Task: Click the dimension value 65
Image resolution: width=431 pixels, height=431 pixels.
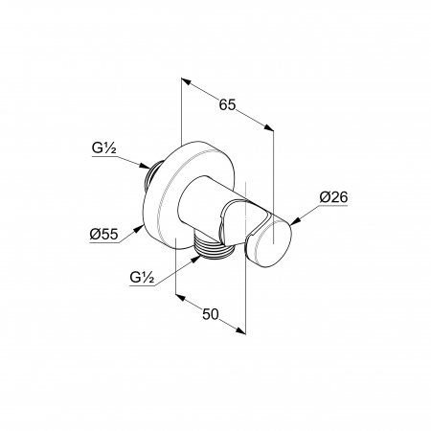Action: click(227, 104)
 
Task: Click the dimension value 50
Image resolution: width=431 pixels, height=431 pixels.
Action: click(211, 314)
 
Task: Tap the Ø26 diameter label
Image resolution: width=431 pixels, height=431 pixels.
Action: click(333, 197)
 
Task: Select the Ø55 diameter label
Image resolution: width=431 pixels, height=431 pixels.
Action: click(104, 235)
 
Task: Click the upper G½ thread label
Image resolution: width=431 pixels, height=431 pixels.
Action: click(104, 148)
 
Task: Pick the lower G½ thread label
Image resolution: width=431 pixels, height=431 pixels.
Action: click(142, 277)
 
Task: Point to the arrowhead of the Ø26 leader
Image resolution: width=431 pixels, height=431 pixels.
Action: click(295, 222)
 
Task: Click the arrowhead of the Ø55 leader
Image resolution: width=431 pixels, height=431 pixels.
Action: click(139, 229)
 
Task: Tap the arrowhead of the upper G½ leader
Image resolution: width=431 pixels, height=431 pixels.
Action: click(145, 166)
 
